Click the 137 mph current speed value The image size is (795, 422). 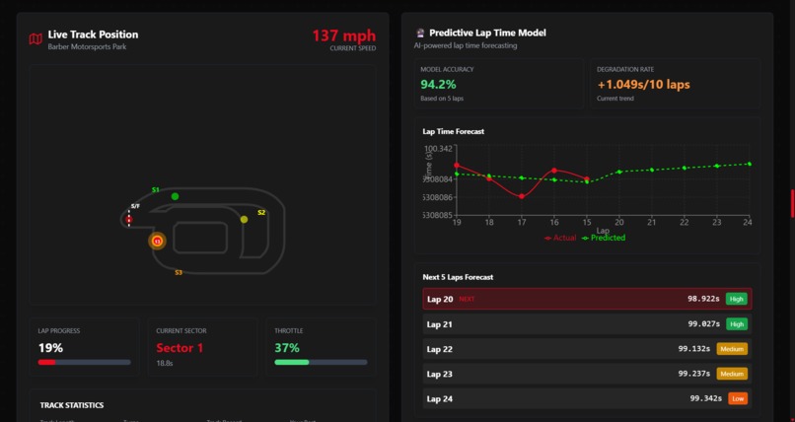(x=343, y=35)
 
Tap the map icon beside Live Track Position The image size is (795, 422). (x=36, y=39)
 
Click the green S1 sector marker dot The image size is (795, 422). (x=176, y=196)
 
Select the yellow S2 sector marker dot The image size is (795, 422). (x=245, y=219)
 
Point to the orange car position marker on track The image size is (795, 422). (x=157, y=241)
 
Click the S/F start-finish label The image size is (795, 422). (x=135, y=206)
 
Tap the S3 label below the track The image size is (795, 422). (x=179, y=272)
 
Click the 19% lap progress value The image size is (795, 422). (x=50, y=348)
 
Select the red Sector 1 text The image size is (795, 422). (x=180, y=348)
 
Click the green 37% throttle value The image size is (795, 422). (x=287, y=348)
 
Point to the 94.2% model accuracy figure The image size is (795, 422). (x=438, y=85)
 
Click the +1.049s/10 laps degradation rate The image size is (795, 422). (x=643, y=85)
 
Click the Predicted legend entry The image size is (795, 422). (x=606, y=238)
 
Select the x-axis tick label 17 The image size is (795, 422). (x=522, y=223)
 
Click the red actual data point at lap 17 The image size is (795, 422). (x=522, y=196)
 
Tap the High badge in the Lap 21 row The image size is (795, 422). (x=736, y=323)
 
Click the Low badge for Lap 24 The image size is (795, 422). (x=736, y=398)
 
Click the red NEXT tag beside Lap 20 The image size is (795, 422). (x=467, y=299)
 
